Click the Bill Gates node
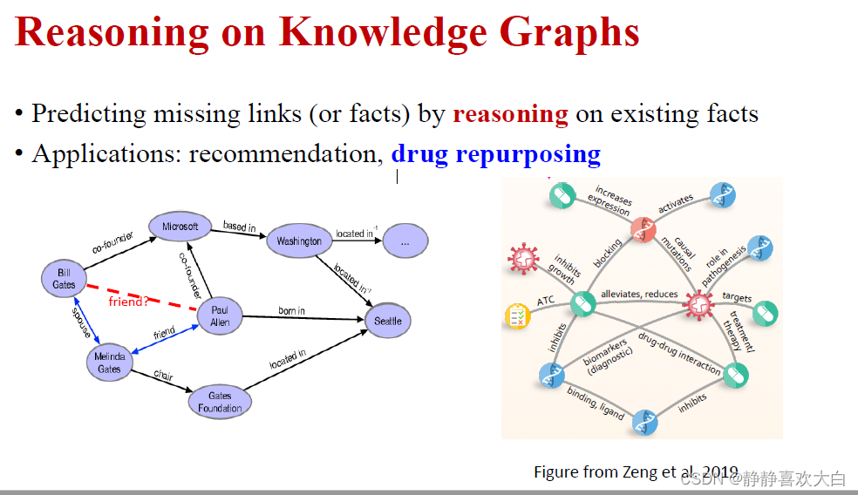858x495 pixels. point(64,279)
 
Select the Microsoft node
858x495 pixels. point(180,227)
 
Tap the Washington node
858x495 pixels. point(299,241)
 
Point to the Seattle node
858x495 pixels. point(388,321)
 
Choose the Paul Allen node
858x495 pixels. point(220,316)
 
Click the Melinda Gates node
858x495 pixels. point(110,363)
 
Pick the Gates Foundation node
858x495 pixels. point(220,402)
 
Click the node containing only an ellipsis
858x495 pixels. point(405,241)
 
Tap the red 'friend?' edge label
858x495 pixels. point(127,302)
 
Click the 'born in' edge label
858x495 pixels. point(291,311)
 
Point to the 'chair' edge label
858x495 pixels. point(163,376)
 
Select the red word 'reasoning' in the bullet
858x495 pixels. point(510,114)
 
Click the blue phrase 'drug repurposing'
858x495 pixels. point(495,154)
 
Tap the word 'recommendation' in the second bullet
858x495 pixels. point(285,154)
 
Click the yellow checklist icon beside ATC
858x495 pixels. point(518,315)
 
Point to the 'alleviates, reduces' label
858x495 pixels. point(639,295)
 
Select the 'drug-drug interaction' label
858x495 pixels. point(679,353)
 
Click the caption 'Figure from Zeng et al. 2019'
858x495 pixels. point(636,471)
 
